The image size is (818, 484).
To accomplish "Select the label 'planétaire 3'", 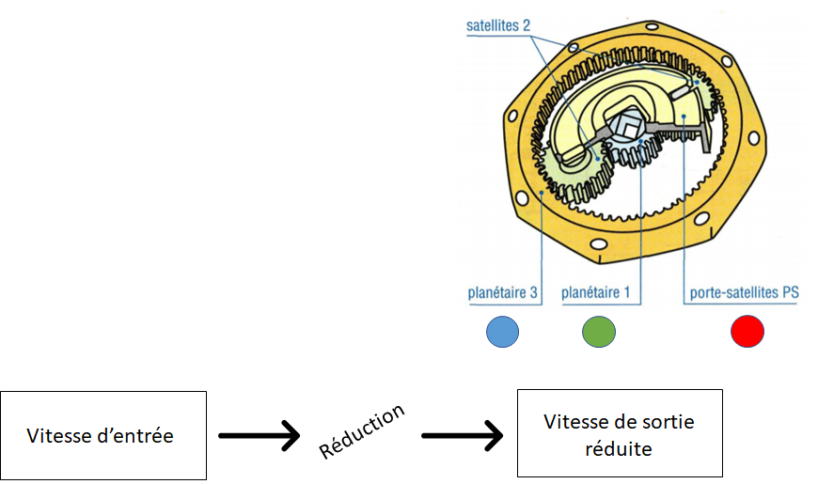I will click(502, 293).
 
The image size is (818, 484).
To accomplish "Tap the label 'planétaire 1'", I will click(595, 293).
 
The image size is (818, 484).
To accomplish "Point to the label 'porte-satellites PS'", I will click(744, 293).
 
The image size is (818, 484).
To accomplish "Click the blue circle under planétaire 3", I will click(503, 332).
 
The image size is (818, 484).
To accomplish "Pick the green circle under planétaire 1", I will click(598, 332).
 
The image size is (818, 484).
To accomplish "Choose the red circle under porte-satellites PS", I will click(747, 332).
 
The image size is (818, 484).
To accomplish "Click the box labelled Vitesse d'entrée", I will click(103, 435).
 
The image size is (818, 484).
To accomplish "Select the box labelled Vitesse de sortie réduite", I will click(620, 434).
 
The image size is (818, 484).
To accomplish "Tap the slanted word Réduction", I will click(362, 431).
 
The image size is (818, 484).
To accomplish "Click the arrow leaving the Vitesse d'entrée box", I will click(258, 436).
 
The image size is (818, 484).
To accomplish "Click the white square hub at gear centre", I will click(627, 123).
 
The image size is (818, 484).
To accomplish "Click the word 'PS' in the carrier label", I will click(790, 293).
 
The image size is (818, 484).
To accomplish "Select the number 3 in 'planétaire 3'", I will click(533, 293).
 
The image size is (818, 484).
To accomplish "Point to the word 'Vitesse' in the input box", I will click(56, 436).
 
